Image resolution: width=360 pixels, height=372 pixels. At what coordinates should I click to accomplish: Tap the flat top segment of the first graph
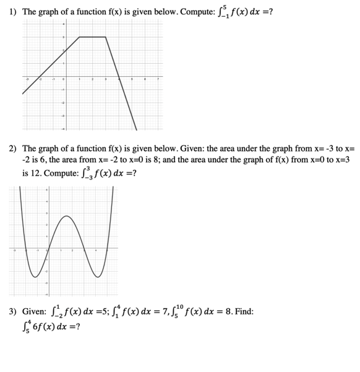coord(93,37)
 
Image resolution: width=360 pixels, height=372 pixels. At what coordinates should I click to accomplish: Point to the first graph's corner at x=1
coord(79,37)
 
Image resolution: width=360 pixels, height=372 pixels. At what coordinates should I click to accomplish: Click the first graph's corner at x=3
coord(106,37)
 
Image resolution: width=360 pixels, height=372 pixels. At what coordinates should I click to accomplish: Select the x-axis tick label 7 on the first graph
coord(158,80)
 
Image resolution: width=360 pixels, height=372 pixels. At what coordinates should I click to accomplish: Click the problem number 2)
coord(13,149)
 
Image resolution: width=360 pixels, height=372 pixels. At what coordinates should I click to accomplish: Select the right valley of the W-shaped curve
coord(96,277)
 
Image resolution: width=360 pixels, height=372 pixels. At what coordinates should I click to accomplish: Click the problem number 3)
coord(13,311)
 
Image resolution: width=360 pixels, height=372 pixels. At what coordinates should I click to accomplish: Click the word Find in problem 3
coord(244,311)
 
